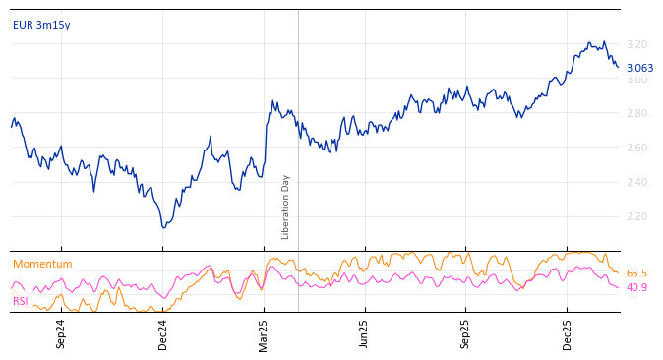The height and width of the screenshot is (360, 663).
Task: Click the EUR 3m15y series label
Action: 41,25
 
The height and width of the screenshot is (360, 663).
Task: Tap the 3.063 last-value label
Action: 639,69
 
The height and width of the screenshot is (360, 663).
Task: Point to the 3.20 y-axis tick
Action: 636,44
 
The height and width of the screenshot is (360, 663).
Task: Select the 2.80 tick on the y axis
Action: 636,113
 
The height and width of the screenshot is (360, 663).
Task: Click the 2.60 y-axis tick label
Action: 636,148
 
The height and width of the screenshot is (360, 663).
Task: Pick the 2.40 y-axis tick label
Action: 636,182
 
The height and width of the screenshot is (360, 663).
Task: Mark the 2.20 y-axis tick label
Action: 636,216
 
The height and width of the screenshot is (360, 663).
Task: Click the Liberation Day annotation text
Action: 286,207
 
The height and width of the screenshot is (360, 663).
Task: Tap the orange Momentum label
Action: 42,264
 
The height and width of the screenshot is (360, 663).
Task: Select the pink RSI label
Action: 21,301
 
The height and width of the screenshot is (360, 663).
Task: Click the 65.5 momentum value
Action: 636,273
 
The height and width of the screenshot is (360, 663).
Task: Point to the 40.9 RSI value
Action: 636,287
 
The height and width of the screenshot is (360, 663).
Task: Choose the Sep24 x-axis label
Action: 61,333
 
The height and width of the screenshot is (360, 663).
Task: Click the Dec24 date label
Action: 163,333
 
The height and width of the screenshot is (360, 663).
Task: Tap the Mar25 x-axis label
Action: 264,333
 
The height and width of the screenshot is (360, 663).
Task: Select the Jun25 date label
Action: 364,333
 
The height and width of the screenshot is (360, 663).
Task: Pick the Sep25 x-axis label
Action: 466,333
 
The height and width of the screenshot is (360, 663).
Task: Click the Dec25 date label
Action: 568,333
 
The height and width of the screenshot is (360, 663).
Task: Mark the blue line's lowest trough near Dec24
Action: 163,228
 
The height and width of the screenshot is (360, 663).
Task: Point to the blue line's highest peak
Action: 604,41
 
